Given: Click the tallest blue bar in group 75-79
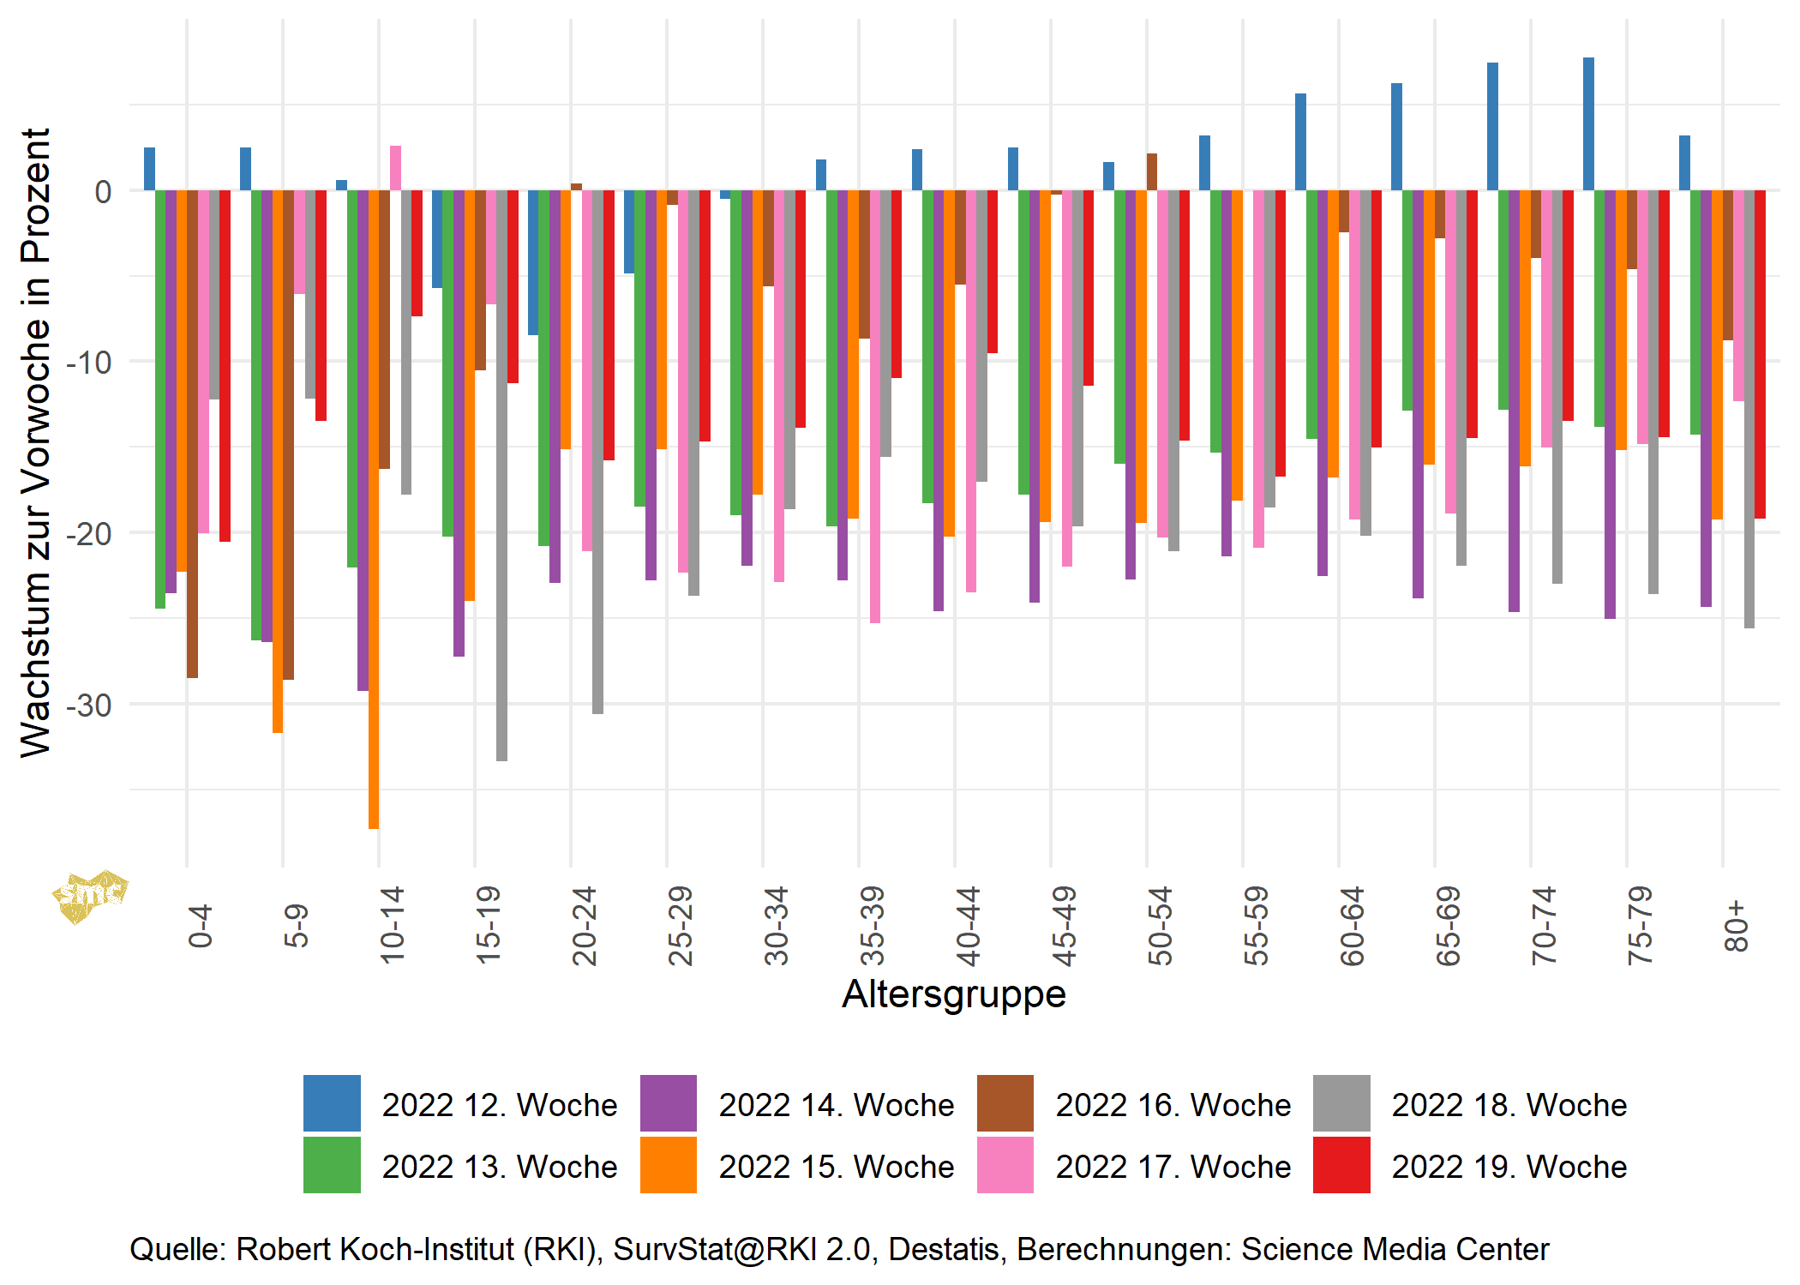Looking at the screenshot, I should [1588, 124].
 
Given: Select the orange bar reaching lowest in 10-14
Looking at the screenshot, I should [374, 510].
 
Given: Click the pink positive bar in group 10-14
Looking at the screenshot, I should [395, 169].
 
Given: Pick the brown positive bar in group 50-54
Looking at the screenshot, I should [1152, 172].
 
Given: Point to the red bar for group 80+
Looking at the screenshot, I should [1760, 354].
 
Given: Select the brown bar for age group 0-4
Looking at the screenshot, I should [192, 434].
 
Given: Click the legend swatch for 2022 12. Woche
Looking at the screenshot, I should [332, 1103].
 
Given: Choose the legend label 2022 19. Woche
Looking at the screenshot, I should [1509, 1167].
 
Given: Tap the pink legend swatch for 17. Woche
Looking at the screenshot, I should [1005, 1165].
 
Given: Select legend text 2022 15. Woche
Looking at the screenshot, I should [836, 1167].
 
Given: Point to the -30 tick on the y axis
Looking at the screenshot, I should [89, 706].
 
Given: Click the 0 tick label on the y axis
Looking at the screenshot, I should [103, 192].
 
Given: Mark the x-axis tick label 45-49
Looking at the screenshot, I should [1064, 926].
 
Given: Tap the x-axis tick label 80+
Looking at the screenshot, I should [1736, 926].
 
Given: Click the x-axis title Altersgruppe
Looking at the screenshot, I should [954, 994].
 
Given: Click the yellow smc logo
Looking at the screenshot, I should [89, 897].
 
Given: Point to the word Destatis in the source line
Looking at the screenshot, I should [943, 1249].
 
